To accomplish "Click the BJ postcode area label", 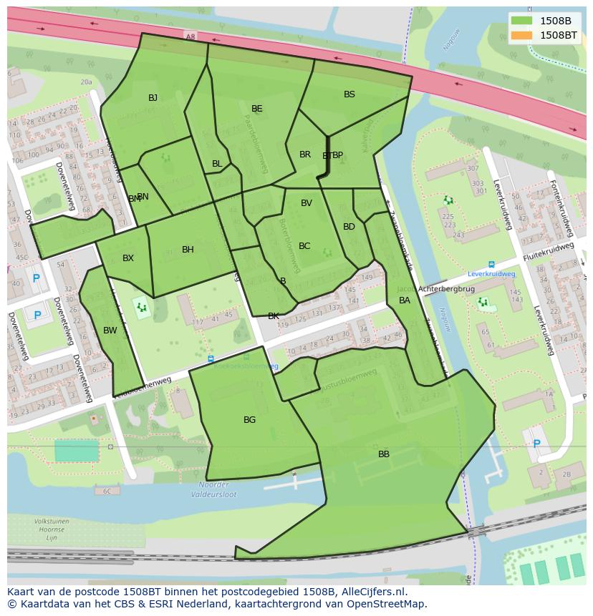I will [x=153, y=98].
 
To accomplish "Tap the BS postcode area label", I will [x=349, y=94].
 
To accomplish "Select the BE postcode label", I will [x=257, y=109].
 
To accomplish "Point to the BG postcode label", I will [x=249, y=420].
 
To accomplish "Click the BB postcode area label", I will [x=384, y=454].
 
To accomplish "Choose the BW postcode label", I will [x=110, y=331].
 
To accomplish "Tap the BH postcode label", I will [x=188, y=250].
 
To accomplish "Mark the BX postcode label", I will [x=128, y=258].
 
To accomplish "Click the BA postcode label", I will [x=405, y=300].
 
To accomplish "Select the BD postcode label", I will [x=349, y=227].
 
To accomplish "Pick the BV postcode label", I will [x=307, y=203].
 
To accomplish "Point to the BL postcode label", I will [x=217, y=164].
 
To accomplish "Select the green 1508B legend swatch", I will [x=522, y=21].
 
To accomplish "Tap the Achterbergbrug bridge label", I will [x=446, y=289].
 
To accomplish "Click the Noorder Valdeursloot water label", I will [x=214, y=489].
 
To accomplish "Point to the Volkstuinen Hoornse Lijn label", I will [x=51, y=529].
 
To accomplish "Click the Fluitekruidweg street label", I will [x=549, y=252].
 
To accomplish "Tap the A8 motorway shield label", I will [x=190, y=36].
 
